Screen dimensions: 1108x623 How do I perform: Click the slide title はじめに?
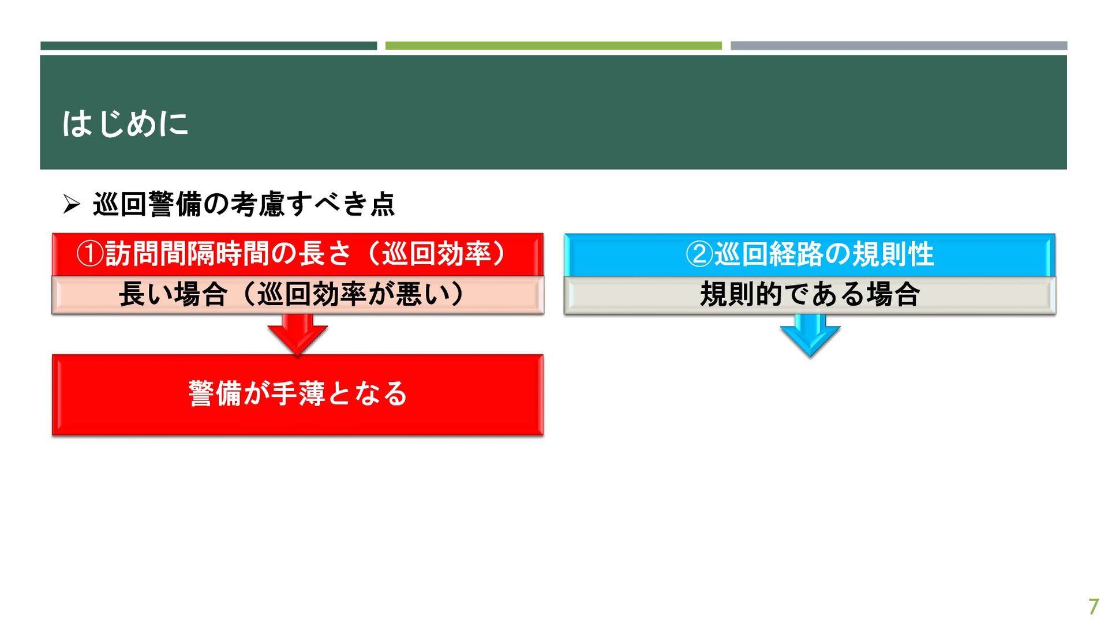[125, 123]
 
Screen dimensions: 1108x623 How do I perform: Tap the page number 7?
[1093, 606]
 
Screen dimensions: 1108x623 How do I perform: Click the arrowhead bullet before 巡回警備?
[72, 204]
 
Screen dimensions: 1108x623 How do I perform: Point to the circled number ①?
[90, 254]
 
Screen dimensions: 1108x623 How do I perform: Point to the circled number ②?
[699, 254]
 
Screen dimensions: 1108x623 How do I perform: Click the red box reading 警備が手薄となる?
[298, 395]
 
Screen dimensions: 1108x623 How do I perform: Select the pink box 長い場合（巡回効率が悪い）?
[298, 295]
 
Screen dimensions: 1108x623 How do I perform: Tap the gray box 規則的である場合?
[810, 295]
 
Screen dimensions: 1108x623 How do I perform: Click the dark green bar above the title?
[208, 46]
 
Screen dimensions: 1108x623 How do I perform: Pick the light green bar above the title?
[553, 46]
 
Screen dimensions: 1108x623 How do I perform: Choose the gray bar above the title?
[899, 46]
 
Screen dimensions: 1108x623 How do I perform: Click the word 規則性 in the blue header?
[893, 254]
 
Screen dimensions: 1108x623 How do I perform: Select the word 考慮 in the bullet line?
[257, 204]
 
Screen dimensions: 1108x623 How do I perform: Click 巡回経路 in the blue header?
[769, 254]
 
